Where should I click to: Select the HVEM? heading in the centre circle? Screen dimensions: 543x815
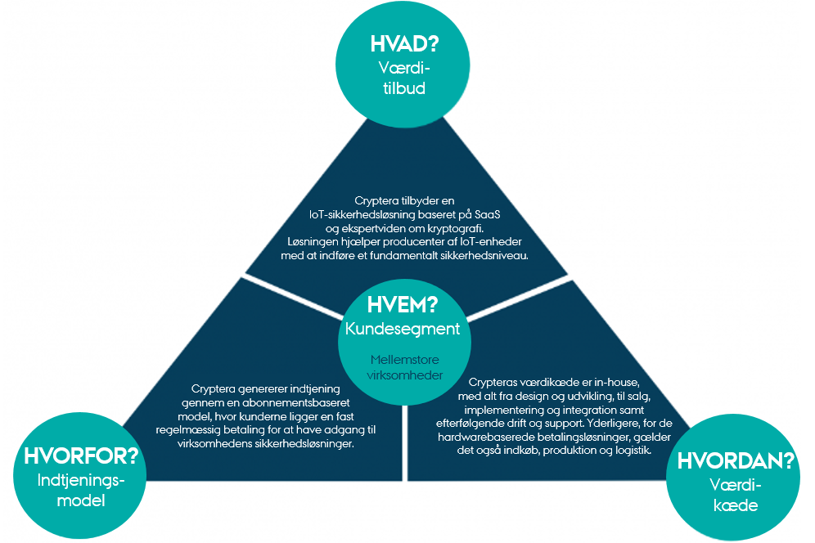point(402,305)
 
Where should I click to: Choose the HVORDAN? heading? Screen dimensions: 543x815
point(736,460)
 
